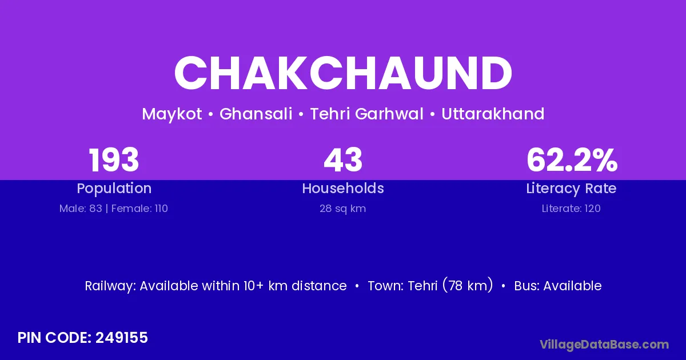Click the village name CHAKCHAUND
tap(343, 73)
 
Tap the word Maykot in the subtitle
tap(172, 114)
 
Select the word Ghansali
tap(256, 114)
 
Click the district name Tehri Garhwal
tap(366, 114)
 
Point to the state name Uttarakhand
tap(493, 114)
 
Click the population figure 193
tap(114, 160)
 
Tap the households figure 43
tap(343, 160)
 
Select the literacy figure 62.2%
tap(572, 160)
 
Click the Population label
tap(114, 189)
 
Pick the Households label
tap(343, 188)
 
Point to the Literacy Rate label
tap(571, 189)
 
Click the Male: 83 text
tap(81, 209)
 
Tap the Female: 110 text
tap(139, 209)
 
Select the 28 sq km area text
tap(342, 209)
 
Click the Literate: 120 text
tap(571, 209)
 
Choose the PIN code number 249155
tap(122, 338)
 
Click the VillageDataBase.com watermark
tap(604, 345)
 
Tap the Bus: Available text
tap(558, 286)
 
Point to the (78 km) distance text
tap(468, 285)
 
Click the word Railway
tap(110, 286)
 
